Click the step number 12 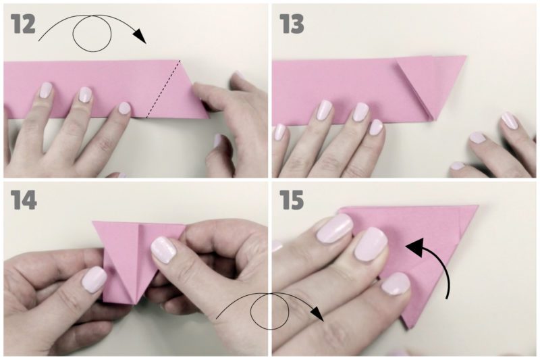(x=23, y=24)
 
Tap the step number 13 (x=292, y=24)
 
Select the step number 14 (x=24, y=200)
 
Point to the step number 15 (x=292, y=200)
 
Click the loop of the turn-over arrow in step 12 (x=92, y=33)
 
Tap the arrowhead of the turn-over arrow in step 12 (x=140, y=36)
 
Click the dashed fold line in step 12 (x=163, y=89)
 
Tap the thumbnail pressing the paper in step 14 (x=163, y=251)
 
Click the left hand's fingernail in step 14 (x=94, y=280)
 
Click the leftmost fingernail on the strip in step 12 (x=46, y=92)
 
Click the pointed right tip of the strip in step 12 (x=209, y=118)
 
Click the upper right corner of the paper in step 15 (x=478, y=206)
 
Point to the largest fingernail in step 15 (x=335, y=228)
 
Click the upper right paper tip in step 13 (x=466, y=56)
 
